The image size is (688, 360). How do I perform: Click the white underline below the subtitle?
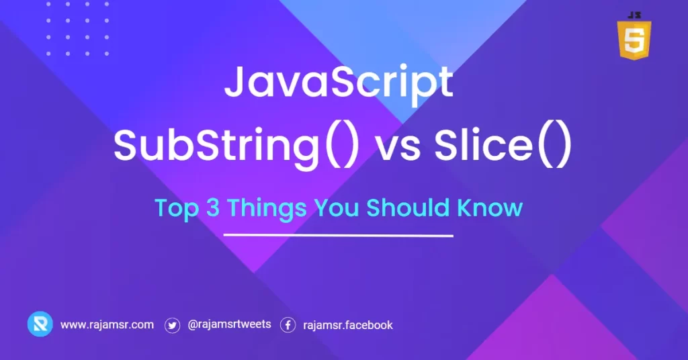pyautogui.click(x=338, y=236)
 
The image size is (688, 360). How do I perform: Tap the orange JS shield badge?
pyautogui.click(x=633, y=42)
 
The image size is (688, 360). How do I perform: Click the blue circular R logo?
pyautogui.click(x=40, y=324)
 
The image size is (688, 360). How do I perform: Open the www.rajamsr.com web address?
pyautogui.click(x=107, y=325)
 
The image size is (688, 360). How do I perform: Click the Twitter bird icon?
pyautogui.click(x=173, y=325)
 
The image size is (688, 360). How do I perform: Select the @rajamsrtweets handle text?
pyautogui.click(x=229, y=325)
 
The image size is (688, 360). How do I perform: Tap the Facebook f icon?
pyautogui.click(x=288, y=325)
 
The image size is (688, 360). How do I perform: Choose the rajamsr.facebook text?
pyautogui.click(x=348, y=325)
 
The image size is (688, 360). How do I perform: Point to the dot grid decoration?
pyautogui.click(x=77, y=31)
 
